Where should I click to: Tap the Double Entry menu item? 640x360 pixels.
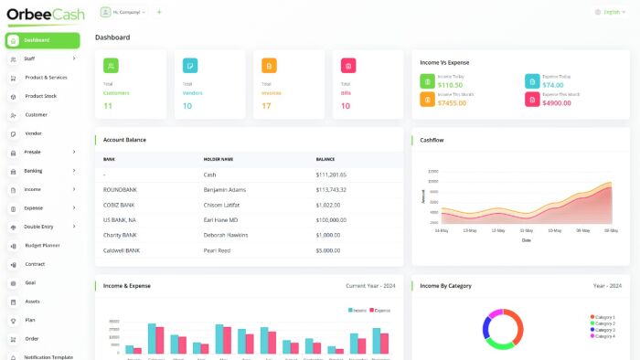tap(39, 227)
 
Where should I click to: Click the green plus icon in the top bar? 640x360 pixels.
tap(159, 12)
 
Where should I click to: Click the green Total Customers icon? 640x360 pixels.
tap(111, 66)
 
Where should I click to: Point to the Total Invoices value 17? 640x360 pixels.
tap(267, 106)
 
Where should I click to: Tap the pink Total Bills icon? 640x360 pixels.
tap(348, 66)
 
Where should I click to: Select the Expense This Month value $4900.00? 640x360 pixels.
tap(557, 103)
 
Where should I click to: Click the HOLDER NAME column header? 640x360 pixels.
tap(219, 159)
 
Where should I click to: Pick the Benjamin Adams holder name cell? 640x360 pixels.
tap(224, 189)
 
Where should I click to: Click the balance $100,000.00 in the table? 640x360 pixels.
tap(331, 219)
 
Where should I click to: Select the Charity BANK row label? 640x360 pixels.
tap(121, 235)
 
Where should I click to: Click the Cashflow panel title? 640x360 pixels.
tap(432, 140)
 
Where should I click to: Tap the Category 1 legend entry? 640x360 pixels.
tap(603, 317)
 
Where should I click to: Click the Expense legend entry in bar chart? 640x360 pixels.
tap(380, 311)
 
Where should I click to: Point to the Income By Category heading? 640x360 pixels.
tap(446, 286)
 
